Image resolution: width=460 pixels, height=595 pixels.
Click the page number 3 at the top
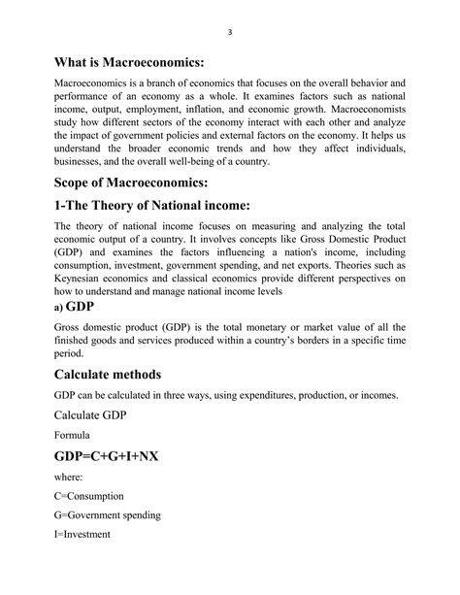click(x=230, y=32)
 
